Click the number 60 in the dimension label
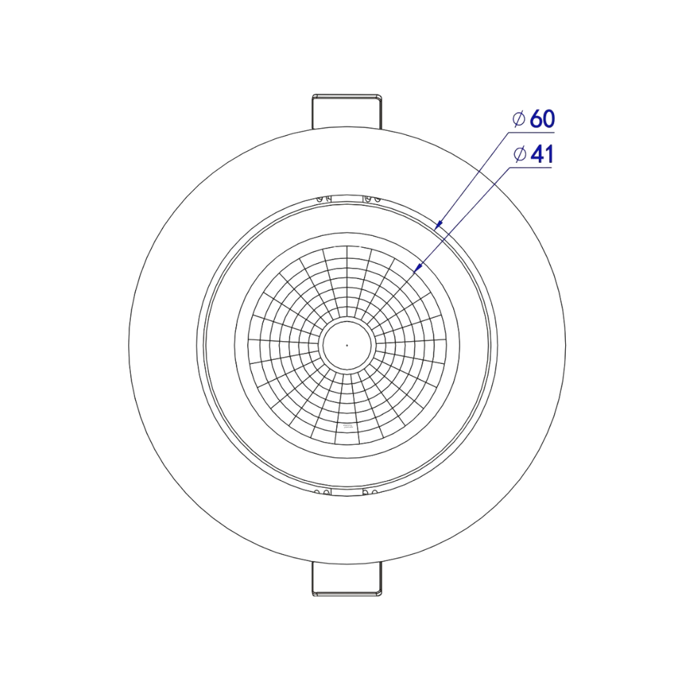543,119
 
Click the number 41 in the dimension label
541,155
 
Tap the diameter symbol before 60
519,119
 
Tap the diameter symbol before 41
519,155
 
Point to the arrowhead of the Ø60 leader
437,225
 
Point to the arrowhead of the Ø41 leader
418,268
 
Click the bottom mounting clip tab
347,579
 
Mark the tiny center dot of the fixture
347,344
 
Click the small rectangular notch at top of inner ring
347,199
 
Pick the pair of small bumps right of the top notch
371,200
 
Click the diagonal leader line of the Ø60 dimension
473,177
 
